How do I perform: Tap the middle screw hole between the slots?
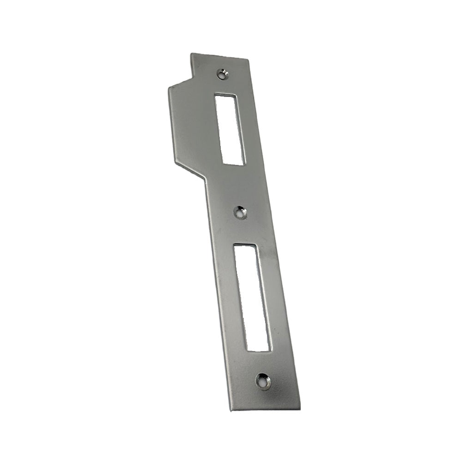point(240,213)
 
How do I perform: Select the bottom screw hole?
point(263,381)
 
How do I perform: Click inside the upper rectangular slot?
point(230,129)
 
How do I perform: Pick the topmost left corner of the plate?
point(192,54)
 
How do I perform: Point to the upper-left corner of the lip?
point(169,86)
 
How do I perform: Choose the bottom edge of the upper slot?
point(234,164)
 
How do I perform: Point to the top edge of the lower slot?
point(245,244)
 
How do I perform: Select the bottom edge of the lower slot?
point(259,351)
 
